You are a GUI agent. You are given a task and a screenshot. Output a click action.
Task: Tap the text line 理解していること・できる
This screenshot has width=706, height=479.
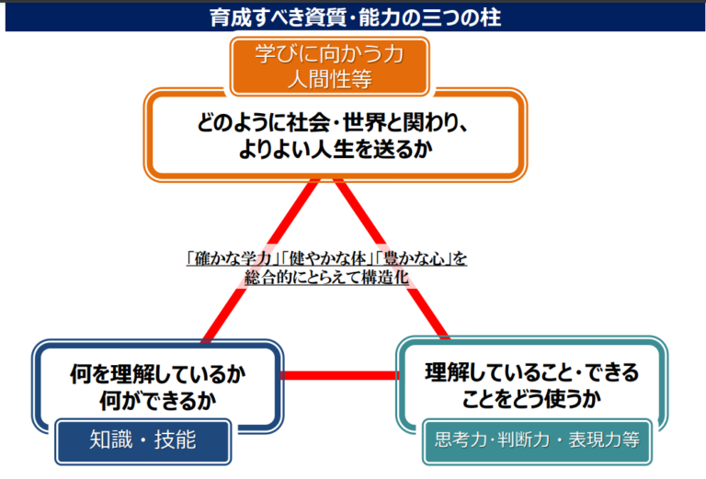531,372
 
